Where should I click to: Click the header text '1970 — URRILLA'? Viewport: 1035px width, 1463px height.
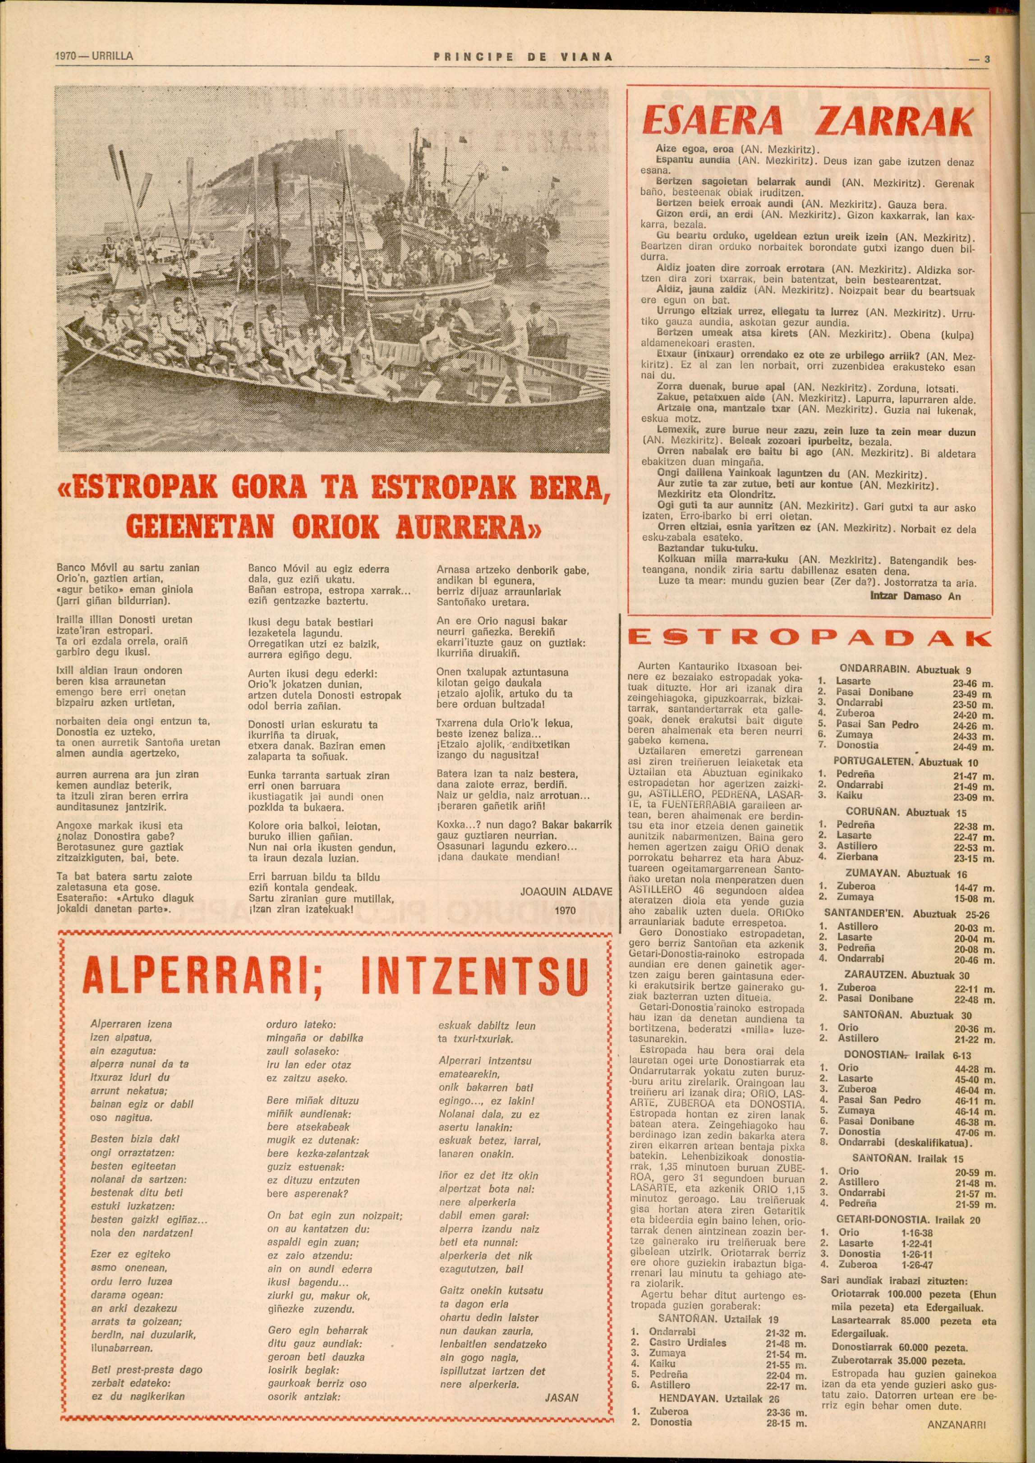coord(94,56)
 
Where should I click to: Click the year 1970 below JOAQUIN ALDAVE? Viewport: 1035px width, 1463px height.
coord(565,911)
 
